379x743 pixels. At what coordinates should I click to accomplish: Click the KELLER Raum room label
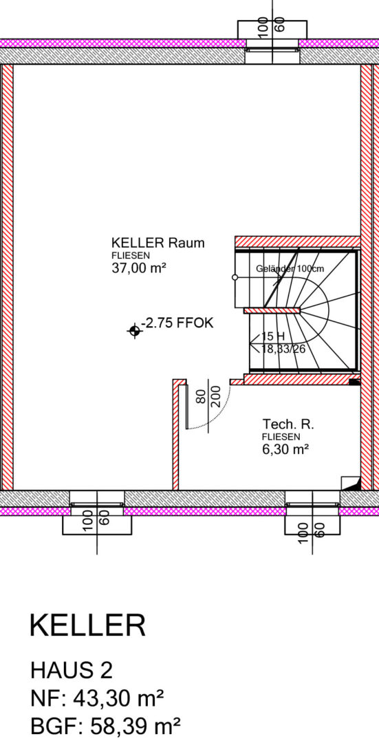pos(158,243)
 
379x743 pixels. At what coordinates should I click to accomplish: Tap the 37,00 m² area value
pos(138,268)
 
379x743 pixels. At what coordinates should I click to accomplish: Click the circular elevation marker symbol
pos(135,331)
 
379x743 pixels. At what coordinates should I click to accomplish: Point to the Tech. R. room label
pos(288,423)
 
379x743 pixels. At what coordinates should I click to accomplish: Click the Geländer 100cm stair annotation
pos(290,269)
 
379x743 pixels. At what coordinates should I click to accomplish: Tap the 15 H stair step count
pos(273,336)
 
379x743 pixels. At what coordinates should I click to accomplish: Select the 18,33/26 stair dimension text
pos(283,349)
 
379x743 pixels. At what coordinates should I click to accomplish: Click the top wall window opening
pos(272,48)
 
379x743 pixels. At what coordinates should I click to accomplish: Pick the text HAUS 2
pos(71,671)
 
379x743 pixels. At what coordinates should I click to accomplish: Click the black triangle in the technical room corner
pos(355,484)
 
